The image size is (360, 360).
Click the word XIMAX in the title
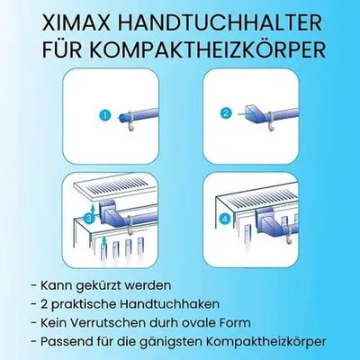[x=77, y=22]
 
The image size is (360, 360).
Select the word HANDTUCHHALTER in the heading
[x=220, y=22]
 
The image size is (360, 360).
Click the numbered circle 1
[x=105, y=115]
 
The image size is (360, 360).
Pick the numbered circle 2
[x=226, y=113]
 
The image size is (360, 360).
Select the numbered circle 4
[x=225, y=220]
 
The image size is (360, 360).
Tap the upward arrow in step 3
[x=93, y=208]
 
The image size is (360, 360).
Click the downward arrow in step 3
[x=103, y=240]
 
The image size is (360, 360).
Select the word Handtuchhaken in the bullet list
[x=170, y=304]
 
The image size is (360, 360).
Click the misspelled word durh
[x=164, y=323]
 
